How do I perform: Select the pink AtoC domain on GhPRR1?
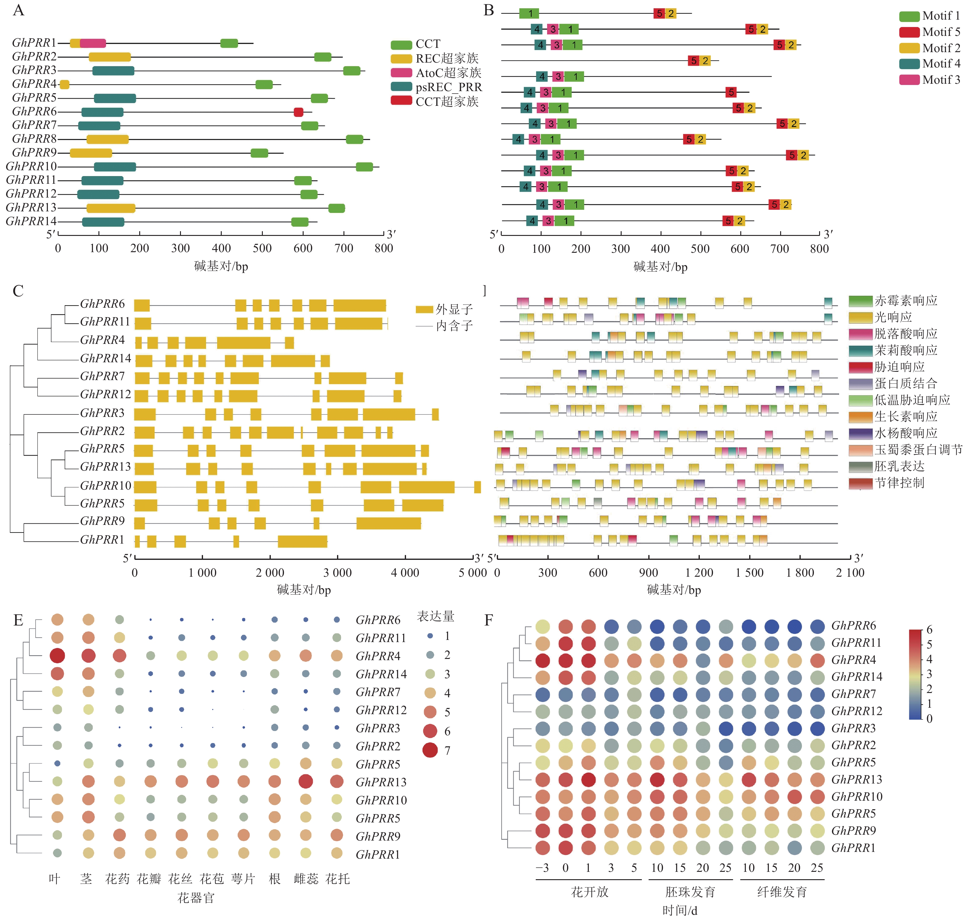click(93, 43)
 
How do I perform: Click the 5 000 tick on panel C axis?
click(473, 573)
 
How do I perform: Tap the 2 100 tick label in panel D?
click(850, 573)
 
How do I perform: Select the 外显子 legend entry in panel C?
click(444, 310)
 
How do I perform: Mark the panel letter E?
click(18, 620)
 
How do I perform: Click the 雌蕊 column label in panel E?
click(306, 879)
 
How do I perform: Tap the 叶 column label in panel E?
click(54, 879)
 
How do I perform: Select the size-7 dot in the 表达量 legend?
click(430, 750)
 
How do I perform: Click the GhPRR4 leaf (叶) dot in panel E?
click(57, 656)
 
